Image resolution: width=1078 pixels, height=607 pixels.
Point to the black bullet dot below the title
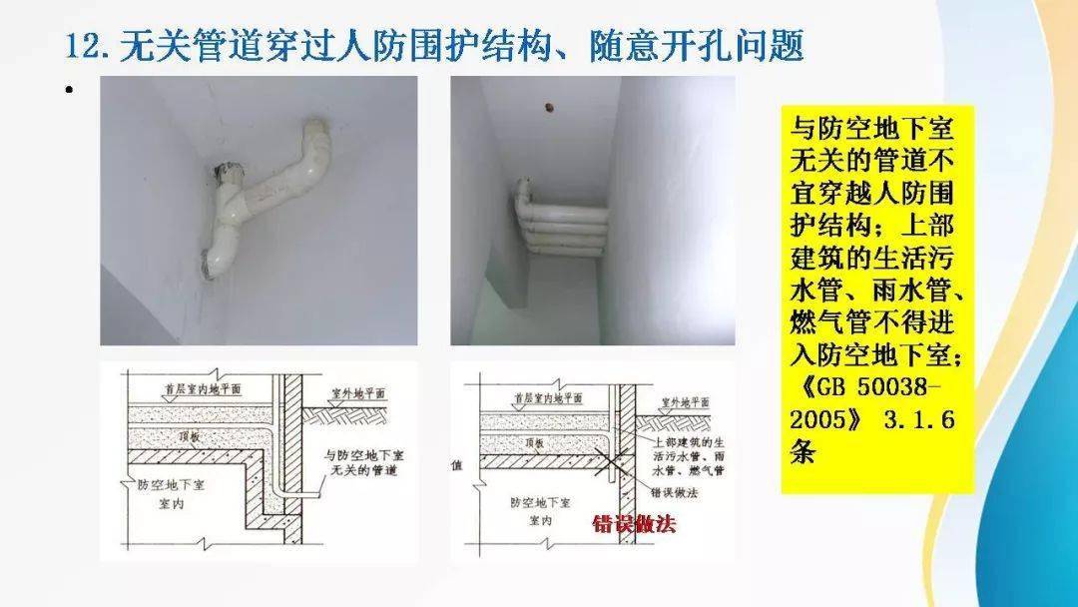pyautogui.click(x=69, y=92)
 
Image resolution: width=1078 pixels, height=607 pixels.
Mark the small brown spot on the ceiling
pyautogui.click(x=546, y=103)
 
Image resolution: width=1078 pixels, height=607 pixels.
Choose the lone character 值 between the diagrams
pyautogui.click(x=457, y=465)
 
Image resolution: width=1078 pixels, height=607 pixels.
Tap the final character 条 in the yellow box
pyautogui.click(x=803, y=451)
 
